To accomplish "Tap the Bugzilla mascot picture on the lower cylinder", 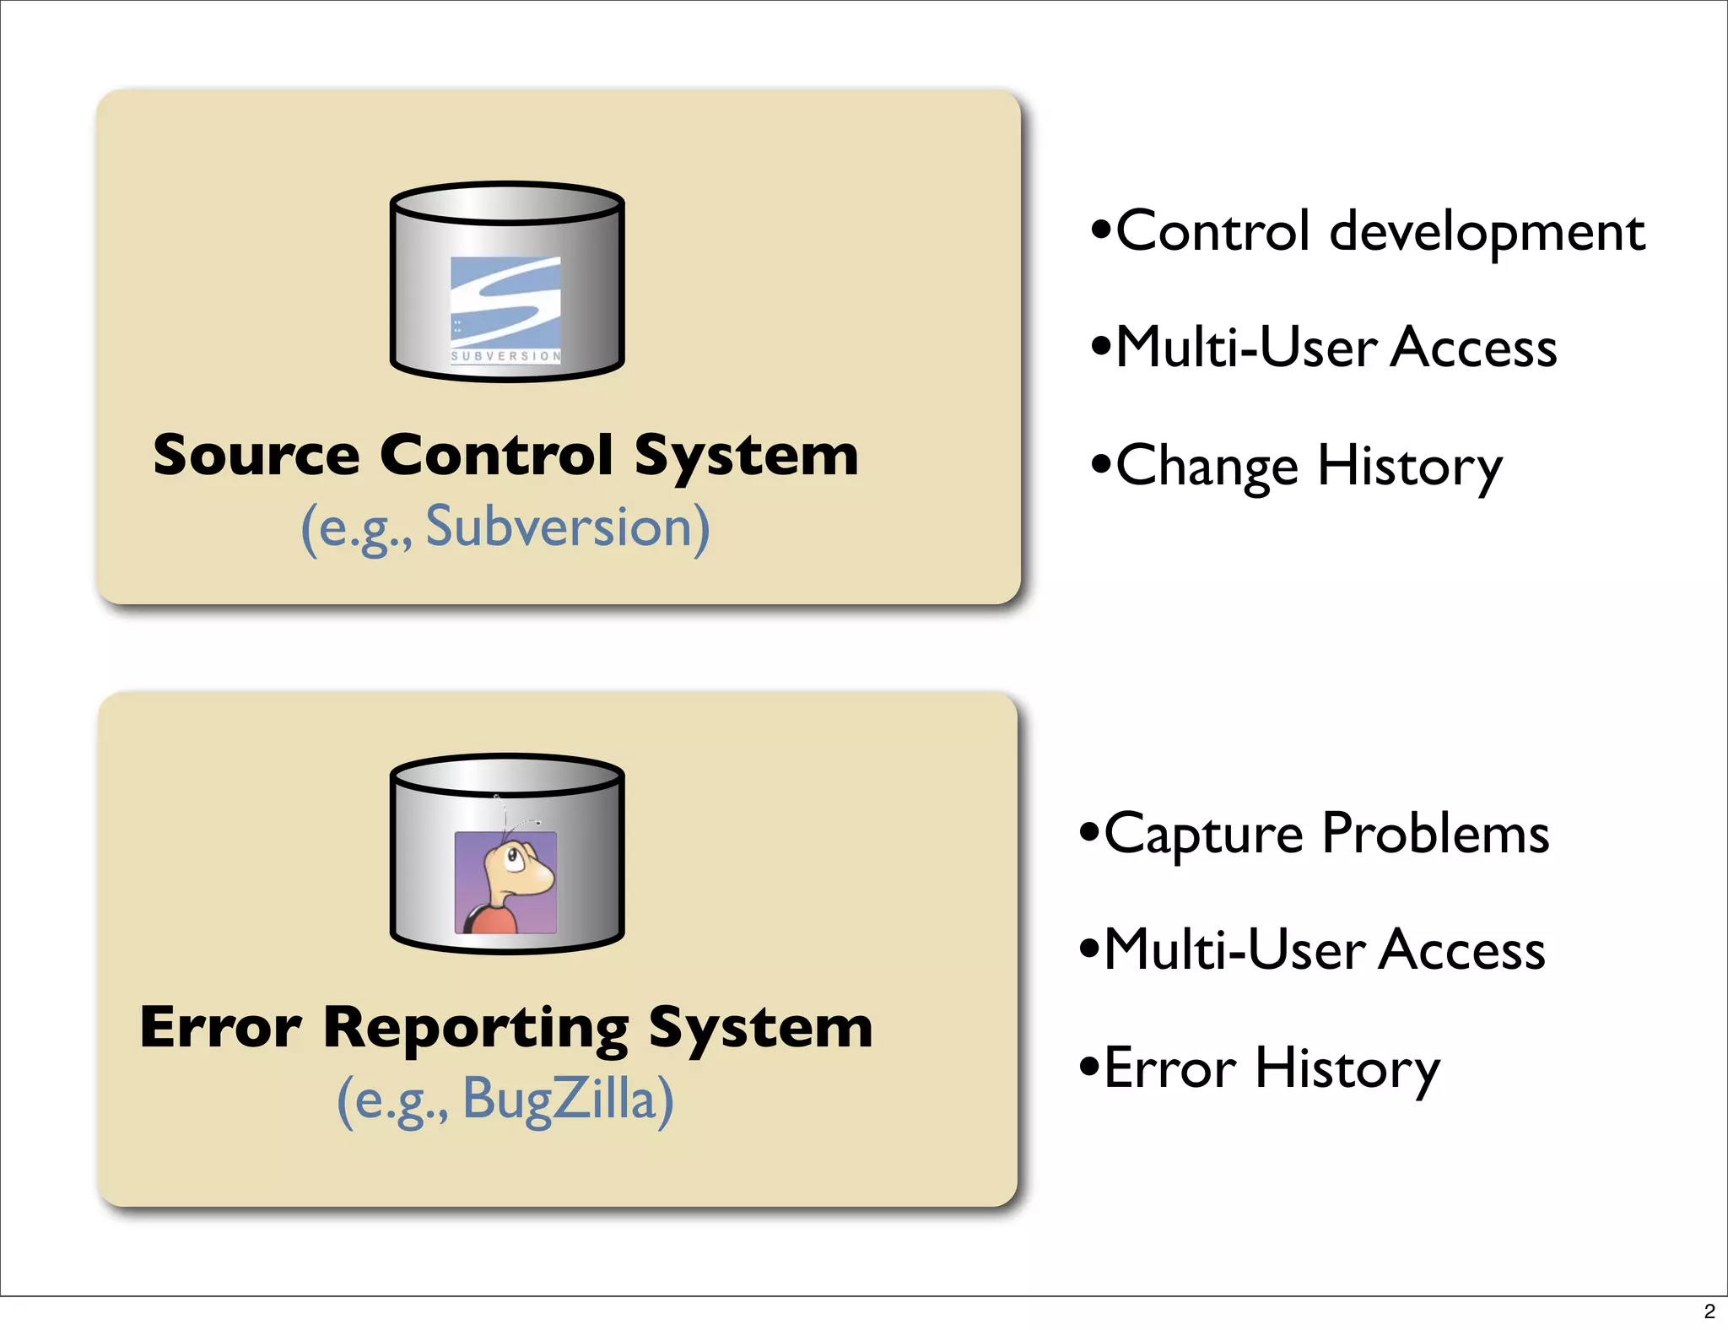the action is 506,882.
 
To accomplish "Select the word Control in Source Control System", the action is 496,456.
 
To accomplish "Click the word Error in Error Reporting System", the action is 220,1028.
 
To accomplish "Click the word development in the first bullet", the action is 1487,231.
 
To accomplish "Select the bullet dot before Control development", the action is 1100,230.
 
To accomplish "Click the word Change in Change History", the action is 1207,466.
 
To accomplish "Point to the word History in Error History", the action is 1347,1068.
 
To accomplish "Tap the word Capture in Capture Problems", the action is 1204,834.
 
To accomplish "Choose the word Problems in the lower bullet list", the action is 1435,834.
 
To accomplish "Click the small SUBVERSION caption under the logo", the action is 506,356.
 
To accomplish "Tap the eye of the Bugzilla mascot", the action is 512,857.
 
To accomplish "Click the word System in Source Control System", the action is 746,456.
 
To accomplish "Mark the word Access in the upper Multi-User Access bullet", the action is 1473,348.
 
